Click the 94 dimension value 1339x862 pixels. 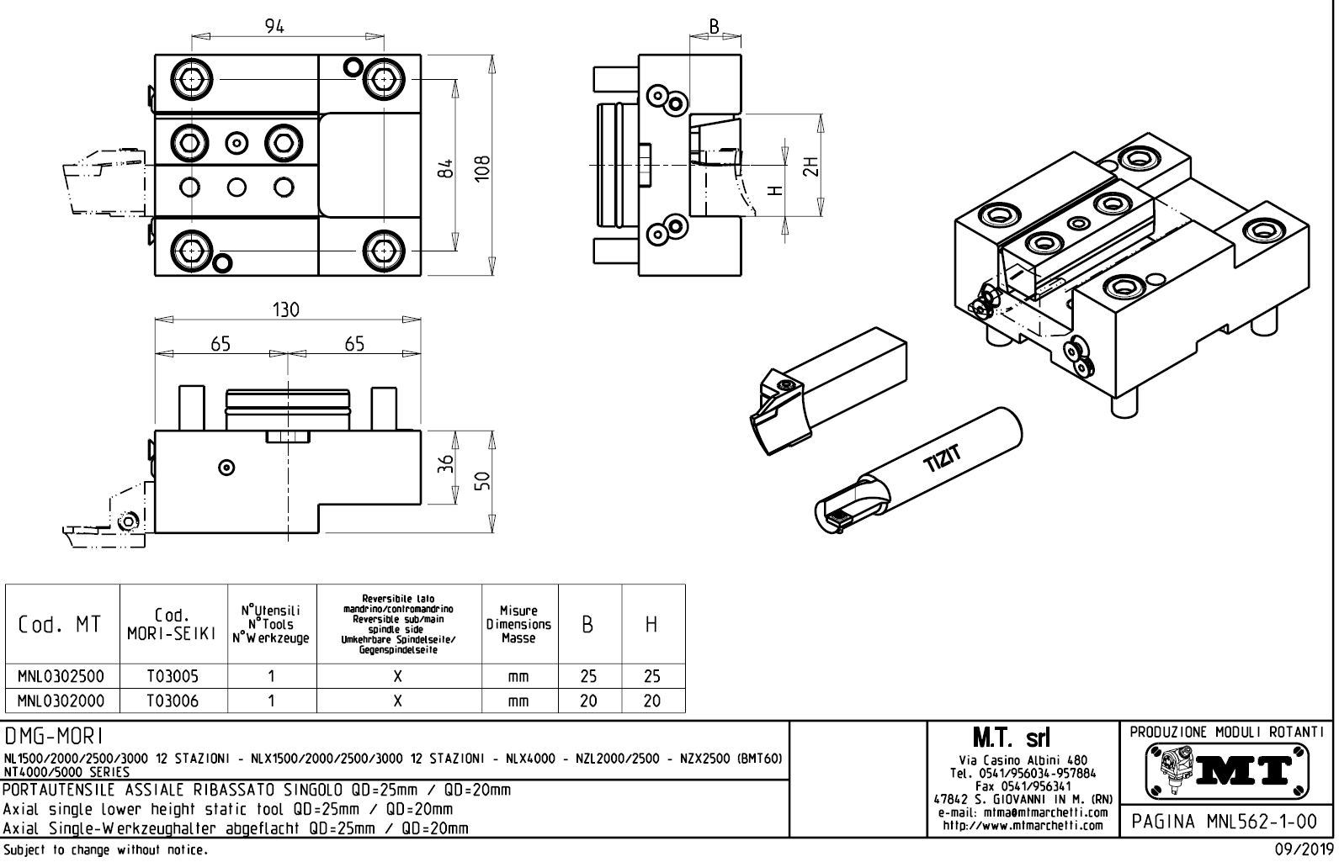pyautogui.click(x=274, y=26)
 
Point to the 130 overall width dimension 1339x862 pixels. pyautogui.click(x=286, y=309)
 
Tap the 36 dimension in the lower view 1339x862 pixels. pyautogui.click(x=448, y=463)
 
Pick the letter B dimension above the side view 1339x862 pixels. pyautogui.click(x=715, y=26)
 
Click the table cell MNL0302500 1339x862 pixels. pyautogui.click(x=61, y=676)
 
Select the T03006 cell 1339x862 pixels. pyautogui.click(x=172, y=701)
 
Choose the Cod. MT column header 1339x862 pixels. pyautogui.click(x=61, y=625)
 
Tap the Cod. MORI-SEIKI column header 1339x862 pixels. pyautogui.click(x=172, y=625)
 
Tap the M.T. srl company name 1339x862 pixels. pyautogui.click(x=1023, y=738)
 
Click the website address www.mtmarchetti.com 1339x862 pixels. pyautogui.click(x=1023, y=826)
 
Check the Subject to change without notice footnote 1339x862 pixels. pyautogui.click(x=105, y=850)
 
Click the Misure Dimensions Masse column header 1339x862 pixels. pyautogui.click(x=518, y=625)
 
